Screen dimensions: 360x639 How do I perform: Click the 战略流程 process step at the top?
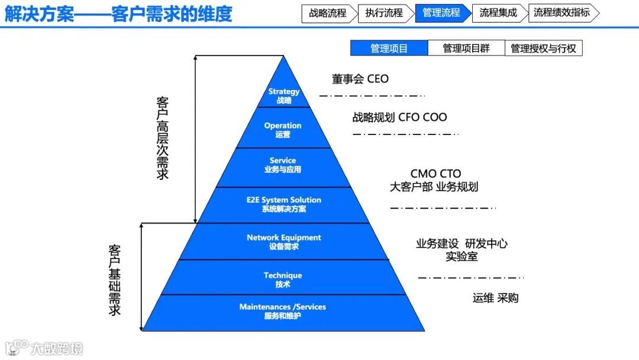[x=328, y=13]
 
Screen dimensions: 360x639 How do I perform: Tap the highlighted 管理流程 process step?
[x=441, y=13]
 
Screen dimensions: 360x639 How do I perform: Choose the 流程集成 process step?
[x=498, y=13]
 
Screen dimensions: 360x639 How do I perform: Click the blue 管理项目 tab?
[x=389, y=49]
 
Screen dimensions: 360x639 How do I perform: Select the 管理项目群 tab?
[x=466, y=49]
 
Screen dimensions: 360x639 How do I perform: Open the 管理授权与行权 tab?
[x=543, y=49]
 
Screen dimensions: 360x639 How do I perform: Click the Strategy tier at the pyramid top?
[x=284, y=95]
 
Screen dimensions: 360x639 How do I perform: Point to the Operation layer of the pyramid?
[x=283, y=130]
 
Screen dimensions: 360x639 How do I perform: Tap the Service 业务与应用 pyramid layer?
[x=283, y=165]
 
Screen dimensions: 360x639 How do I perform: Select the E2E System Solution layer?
[x=284, y=204]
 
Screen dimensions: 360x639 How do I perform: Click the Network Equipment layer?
[x=284, y=242]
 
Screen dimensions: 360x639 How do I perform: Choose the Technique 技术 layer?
[x=283, y=279]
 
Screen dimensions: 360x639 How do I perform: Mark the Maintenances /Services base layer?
[x=283, y=311]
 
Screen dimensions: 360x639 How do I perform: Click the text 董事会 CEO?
[x=360, y=79]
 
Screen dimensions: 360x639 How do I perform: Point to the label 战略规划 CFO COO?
[x=399, y=117]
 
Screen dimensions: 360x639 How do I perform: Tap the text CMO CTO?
[x=435, y=174]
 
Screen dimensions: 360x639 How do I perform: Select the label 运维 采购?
[x=495, y=298]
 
